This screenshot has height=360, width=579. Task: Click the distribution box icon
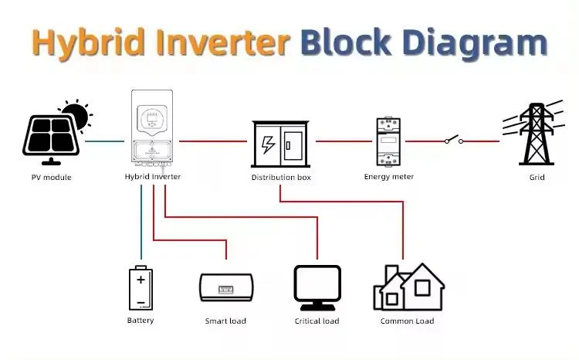[279, 143]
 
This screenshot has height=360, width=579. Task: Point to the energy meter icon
[388, 141]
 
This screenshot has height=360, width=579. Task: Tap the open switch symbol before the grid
[452, 141]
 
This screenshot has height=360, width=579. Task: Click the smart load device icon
[225, 287]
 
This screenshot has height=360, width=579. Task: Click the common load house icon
[408, 287]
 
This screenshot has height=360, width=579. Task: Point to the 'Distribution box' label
[279, 177]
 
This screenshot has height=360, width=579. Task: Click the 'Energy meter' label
[388, 177]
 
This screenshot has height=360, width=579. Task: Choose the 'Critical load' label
[317, 321]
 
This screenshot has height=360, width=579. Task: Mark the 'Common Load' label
[407, 321]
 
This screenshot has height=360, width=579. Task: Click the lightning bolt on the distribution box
[268, 144]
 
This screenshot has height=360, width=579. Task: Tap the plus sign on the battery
[141, 280]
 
